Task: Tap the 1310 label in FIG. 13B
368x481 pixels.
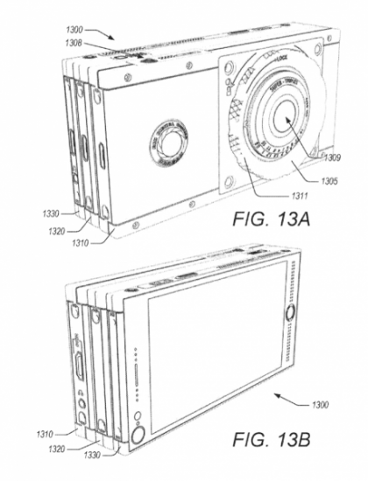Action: click(x=46, y=432)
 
